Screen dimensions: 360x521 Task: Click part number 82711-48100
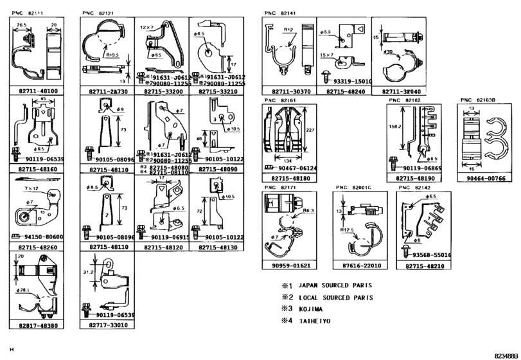click(x=39, y=91)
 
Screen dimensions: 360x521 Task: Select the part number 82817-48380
click(x=39, y=326)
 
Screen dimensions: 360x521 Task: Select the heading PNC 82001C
click(x=353, y=187)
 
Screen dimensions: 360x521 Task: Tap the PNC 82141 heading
click(x=280, y=12)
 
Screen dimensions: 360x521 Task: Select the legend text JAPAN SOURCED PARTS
click(x=335, y=285)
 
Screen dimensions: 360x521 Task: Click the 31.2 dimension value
click(x=90, y=273)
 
